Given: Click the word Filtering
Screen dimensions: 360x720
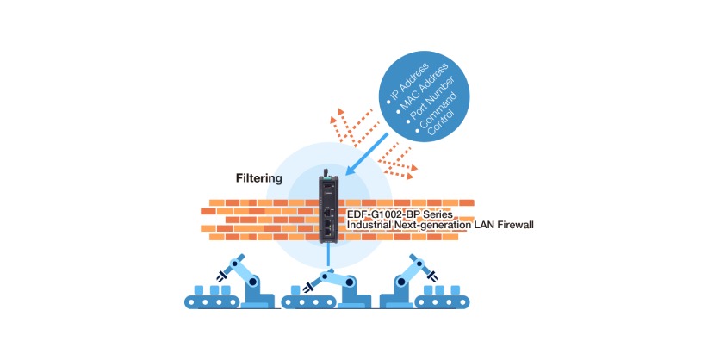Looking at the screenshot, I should point(259,178).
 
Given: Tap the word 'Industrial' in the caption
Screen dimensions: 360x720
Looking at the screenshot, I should point(372,225).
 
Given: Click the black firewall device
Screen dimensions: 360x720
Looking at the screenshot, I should point(328,207).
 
